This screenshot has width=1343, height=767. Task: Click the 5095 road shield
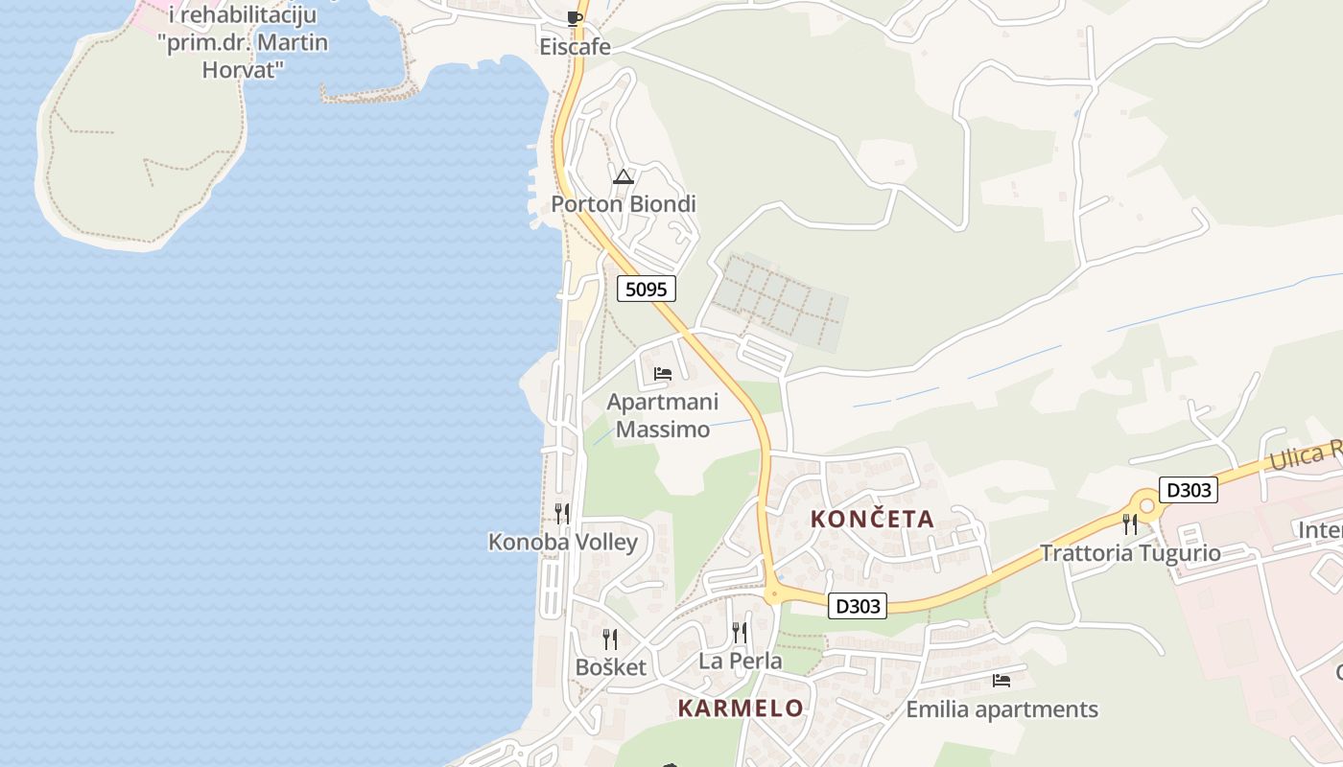[647, 289]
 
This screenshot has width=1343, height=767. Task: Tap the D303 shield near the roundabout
[1188, 490]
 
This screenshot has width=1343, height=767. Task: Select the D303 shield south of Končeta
[857, 606]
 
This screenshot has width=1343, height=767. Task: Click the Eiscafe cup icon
[575, 17]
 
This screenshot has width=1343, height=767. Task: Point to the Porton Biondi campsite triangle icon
[624, 176]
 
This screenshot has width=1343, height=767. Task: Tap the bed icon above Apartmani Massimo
[663, 374]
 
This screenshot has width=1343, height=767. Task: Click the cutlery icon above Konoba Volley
[562, 514]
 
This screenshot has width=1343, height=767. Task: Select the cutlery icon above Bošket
[609, 639]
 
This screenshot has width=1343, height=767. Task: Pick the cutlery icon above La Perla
[740, 633]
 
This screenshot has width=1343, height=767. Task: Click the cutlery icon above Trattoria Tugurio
[1130, 523]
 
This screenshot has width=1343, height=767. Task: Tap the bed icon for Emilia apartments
[1001, 681]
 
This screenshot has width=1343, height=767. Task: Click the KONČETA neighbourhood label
[872, 520]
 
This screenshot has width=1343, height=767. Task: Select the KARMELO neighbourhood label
[741, 709]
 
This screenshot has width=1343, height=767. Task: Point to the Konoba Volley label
[563, 543]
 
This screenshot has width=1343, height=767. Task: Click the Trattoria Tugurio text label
[1131, 553]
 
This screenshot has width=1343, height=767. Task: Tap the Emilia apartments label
[1001, 710]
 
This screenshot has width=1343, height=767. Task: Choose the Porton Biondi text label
[624, 204]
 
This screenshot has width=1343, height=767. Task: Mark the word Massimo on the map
[663, 430]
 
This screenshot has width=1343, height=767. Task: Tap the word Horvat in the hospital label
[243, 69]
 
